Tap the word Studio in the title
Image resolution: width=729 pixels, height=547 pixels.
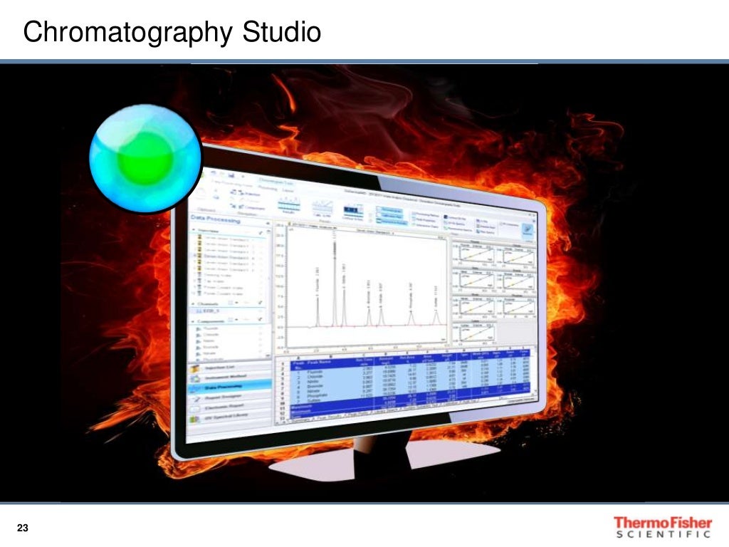pyautogui.click(x=282, y=32)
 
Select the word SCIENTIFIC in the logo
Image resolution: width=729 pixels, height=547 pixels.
pyautogui.click(x=662, y=534)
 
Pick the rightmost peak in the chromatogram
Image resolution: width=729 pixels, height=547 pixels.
pyautogui.click(x=436, y=313)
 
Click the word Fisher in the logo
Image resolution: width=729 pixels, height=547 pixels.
pyautogui.click(x=683, y=523)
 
